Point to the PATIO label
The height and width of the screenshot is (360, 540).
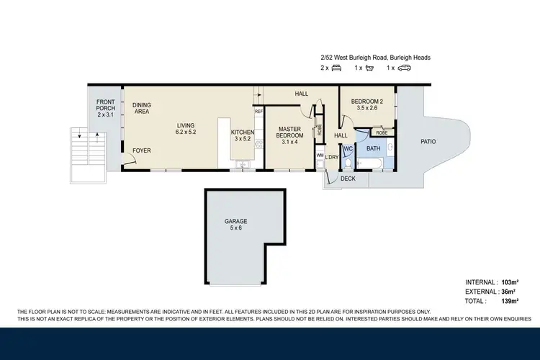click(428, 142)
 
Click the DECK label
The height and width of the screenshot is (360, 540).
click(348, 179)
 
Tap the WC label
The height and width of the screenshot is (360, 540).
click(347, 149)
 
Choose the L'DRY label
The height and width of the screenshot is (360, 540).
click(332, 157)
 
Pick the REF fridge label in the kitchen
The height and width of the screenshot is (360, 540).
click(258, 112)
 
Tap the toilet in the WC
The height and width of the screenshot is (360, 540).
click(347, 162)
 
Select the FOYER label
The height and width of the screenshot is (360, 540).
click(142, 150)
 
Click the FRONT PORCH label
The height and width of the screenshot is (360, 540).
click(106, 111)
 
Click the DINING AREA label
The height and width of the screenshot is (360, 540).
click(142, 109)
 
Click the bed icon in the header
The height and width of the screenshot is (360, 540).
click(335, 68)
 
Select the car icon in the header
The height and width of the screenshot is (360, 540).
click(405, 68)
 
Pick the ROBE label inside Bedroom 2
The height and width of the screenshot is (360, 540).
click(382, 133)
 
